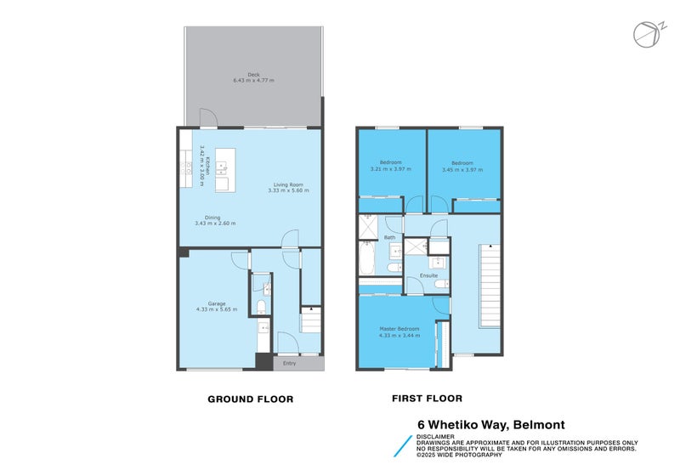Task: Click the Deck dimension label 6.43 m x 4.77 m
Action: tap(253, 81)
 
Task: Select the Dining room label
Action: tap(214, 220)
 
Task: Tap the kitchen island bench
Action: tap(224, 170)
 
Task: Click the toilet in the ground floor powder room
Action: tap(263, 307)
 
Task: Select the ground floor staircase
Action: tap(311, 322)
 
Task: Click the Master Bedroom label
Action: tap(399, 330)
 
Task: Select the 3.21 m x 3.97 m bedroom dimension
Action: tap(390, 169)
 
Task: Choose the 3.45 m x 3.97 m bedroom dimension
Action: tap(462, 169)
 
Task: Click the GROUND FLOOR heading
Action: tap(251, 399)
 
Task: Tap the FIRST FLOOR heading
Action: tap(427, 398)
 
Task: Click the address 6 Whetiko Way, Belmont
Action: tap(490, 424)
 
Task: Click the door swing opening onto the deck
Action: tap(207, 118)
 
